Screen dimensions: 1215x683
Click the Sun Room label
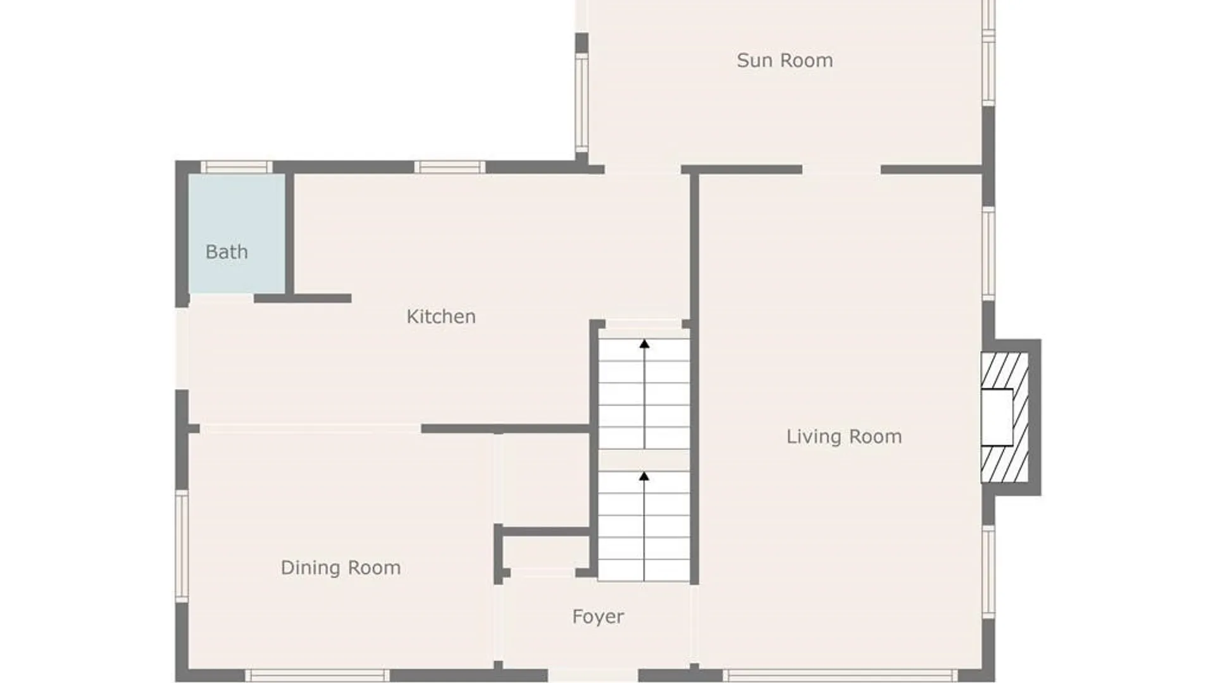785,60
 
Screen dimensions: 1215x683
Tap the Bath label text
227,252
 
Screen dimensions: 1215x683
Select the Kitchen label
441,316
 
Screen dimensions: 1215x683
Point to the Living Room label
844,436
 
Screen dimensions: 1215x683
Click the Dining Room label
340,567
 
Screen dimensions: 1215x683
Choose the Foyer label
598,617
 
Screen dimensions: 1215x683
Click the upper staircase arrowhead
644,344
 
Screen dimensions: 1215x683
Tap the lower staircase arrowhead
644,476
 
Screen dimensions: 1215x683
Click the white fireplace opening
997,417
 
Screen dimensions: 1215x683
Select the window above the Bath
237,167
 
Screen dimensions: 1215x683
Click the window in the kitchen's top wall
450,167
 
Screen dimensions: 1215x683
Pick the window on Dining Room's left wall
182,546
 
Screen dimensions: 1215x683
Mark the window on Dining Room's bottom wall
317,675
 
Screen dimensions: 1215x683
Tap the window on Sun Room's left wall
582,103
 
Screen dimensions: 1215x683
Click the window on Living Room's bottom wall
840,675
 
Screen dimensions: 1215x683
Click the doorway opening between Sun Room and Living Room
842,169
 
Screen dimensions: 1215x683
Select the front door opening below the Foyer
593,675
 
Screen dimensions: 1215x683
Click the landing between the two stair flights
644,460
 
